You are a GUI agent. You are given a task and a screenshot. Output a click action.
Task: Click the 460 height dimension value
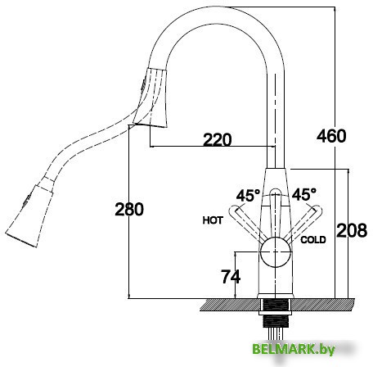331,136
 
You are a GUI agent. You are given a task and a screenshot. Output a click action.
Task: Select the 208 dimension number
352,230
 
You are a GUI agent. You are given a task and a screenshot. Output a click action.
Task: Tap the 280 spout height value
129,210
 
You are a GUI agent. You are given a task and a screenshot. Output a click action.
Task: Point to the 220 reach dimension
218,139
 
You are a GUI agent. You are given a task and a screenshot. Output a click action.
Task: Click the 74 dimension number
231,277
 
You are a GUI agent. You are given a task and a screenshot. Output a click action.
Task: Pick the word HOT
213,220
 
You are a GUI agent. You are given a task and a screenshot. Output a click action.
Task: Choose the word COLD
313,240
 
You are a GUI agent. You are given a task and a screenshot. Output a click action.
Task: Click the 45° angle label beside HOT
248,195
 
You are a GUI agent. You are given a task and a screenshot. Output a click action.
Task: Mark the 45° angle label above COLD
304,194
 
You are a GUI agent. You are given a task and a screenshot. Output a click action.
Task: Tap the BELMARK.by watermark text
294,349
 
